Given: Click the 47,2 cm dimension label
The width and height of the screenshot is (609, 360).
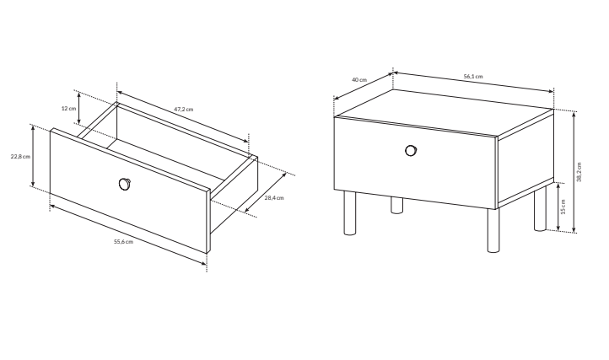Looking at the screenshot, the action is pos(183,110).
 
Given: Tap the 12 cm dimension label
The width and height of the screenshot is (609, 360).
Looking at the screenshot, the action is pos(69,109).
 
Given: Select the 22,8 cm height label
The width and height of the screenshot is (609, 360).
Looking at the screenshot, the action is pos(20,157).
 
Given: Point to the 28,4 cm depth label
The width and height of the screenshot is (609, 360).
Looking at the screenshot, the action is pos(274,197).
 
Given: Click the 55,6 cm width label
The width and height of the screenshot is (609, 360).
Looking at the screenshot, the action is pos(123,242).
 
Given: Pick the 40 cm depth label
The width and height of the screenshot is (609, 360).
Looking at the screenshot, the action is pos(359,80).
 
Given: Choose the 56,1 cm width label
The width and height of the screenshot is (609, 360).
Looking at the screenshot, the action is pos(473,77).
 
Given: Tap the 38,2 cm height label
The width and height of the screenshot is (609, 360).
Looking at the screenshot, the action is pos(579,172).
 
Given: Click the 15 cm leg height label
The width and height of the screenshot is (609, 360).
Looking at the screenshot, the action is pos(563,207).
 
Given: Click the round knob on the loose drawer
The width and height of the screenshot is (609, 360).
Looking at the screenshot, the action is pos(125,184).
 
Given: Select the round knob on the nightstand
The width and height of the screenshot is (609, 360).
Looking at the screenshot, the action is pos(411,150).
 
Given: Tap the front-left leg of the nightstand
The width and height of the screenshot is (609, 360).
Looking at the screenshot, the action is pos(349,212).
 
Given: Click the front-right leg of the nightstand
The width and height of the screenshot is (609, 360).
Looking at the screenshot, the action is pos(493,230).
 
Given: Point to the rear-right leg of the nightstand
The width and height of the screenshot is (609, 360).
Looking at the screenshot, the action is pos(540,209).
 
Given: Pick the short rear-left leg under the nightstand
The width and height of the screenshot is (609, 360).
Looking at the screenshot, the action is pos(397,205).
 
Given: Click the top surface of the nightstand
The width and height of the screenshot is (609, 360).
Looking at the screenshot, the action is pos(444,113).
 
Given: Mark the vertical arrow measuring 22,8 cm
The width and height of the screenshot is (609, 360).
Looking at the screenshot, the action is pos(33,156).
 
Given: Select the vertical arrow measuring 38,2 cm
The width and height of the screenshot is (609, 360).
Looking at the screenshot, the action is pos(574,172).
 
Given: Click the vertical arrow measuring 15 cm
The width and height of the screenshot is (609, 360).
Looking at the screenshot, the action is pos(558,207).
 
